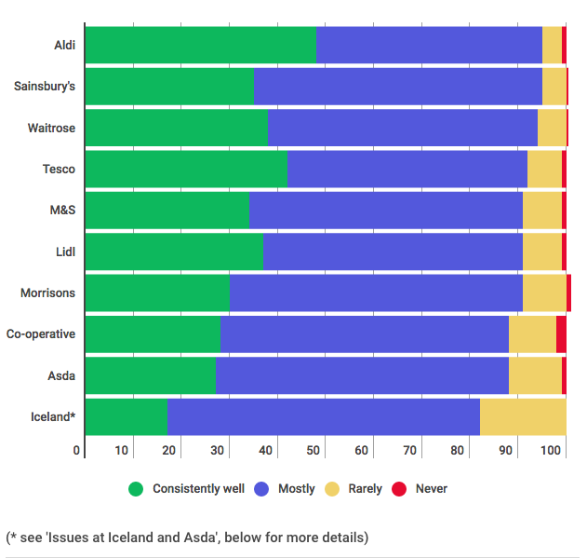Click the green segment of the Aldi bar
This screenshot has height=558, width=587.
point(200,45)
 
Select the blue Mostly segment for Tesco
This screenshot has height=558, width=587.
point(407,169)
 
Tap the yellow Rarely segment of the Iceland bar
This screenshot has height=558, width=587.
point(523,416)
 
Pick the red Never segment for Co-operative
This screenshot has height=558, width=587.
point(561,333)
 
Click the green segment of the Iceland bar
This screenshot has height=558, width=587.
point(126,416)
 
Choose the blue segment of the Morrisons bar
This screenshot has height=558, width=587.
point(376,293)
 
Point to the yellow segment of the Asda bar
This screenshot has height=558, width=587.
point(535,375)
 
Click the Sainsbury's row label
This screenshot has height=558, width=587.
point(45,87)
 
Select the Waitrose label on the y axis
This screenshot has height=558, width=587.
point(51,128)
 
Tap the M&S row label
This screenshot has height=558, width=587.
point(62,211)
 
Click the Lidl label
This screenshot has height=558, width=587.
point(65,252)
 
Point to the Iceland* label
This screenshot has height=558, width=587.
point(53,416)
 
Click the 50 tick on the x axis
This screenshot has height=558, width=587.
point(315,451)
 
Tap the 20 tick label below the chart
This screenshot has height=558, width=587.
point(170,451)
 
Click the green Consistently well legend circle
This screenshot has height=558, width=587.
point(136,488)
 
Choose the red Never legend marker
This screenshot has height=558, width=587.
point(399,488)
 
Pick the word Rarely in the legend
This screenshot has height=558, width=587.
point(365,488)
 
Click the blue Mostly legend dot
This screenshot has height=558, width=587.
point(261,488)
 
